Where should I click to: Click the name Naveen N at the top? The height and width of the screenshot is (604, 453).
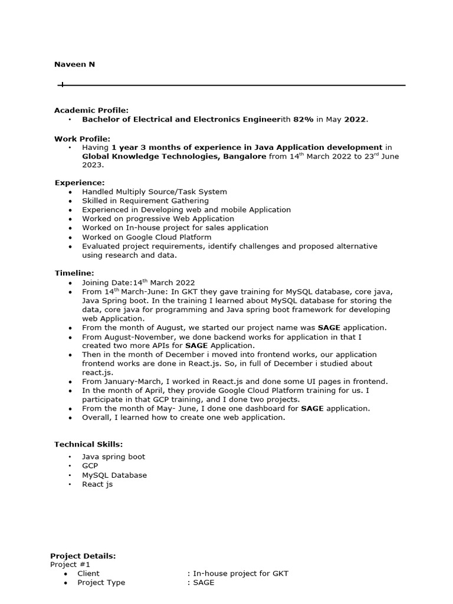click(74, 64)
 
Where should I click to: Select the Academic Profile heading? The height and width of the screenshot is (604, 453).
click(91, 110)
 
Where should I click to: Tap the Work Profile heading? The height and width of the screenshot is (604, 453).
click(82, 139)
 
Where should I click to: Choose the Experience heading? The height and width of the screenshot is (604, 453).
click(80, 183)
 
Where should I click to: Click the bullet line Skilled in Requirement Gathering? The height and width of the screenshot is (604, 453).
click(145, 201)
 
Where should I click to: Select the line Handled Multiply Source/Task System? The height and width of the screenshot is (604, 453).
click(154, 192)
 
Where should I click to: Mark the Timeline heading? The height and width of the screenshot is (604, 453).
click(74, 273)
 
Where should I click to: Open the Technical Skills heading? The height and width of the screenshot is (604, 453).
click(88, 444)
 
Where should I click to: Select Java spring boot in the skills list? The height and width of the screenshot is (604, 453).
click(113, 457)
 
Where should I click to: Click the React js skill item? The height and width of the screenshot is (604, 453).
click(97, 484)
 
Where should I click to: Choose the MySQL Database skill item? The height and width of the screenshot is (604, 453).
click(114, 475)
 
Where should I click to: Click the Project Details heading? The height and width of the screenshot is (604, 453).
click(83, 556)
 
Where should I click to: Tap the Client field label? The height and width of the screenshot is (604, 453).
click(88, 573)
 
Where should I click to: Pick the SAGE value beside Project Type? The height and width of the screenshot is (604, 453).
click(203, 582)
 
